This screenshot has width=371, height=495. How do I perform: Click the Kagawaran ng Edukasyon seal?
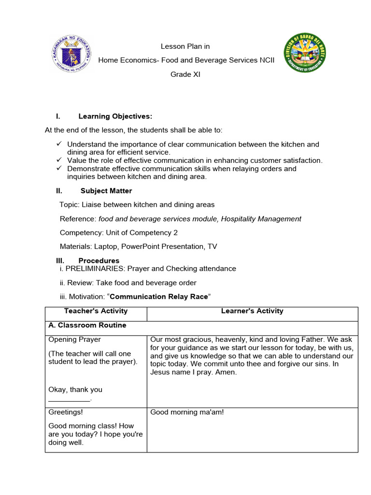72,53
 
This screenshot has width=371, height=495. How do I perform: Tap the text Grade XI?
185,74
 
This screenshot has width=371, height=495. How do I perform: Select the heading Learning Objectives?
115,116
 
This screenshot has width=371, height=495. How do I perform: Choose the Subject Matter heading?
106,191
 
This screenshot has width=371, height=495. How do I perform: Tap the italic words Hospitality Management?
261,219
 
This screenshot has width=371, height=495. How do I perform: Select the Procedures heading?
99,261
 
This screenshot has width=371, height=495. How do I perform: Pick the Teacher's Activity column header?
96,311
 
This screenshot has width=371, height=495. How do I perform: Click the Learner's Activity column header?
252,311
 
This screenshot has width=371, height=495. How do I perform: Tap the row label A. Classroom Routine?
87,325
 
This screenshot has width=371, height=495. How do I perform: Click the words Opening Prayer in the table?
75,340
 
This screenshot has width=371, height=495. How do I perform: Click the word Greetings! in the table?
66,412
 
